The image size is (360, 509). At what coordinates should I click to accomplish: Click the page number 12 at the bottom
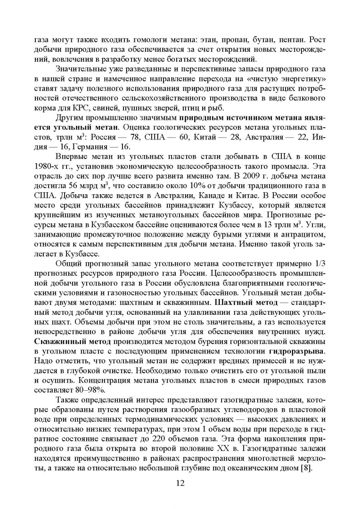[x=180, y=484]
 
